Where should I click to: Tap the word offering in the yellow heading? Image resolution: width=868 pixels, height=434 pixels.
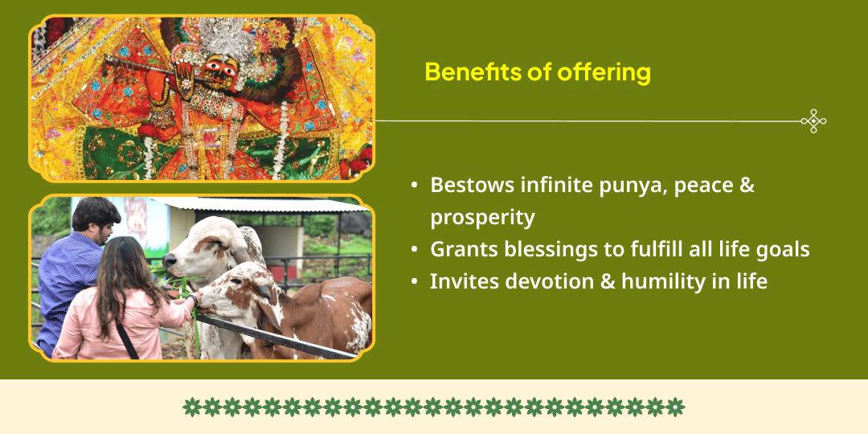pos(604,73)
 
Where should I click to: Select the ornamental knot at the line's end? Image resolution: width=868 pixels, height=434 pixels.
pos(813,121)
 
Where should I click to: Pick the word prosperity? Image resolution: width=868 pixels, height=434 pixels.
pos(482,218)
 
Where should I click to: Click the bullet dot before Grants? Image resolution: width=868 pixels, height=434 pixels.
pos(415,250)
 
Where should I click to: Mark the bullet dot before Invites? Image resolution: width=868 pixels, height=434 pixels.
pos(415,282)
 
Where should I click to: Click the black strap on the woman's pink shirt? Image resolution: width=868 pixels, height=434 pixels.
pos(126,340)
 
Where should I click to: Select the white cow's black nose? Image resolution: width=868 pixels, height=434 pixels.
pos(169,260)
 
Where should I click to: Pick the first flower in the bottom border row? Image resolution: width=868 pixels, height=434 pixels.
pos(192,407)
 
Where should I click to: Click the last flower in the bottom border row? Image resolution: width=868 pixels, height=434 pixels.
pos(675,407)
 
